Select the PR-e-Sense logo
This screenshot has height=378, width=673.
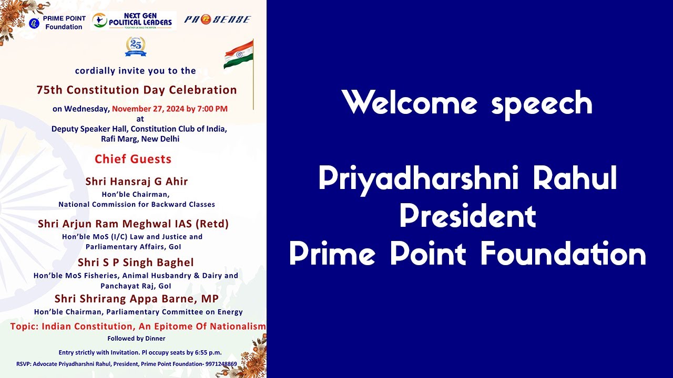pos(217,19)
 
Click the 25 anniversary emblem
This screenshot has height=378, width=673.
pos(136,46)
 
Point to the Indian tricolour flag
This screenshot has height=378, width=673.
pos(239,55)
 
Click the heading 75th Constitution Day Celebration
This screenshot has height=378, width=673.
pos(137,90)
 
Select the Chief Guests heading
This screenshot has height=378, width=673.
pos(133,159)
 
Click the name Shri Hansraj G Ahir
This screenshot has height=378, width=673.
pos(137,182)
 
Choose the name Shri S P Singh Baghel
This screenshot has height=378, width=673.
pos(136,262)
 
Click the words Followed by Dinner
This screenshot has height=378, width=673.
pos(136,339)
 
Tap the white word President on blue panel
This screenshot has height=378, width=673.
pos(467,216)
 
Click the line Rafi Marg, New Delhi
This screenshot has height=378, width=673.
pos(140,139)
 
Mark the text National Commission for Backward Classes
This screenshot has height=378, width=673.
pos(137,204)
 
